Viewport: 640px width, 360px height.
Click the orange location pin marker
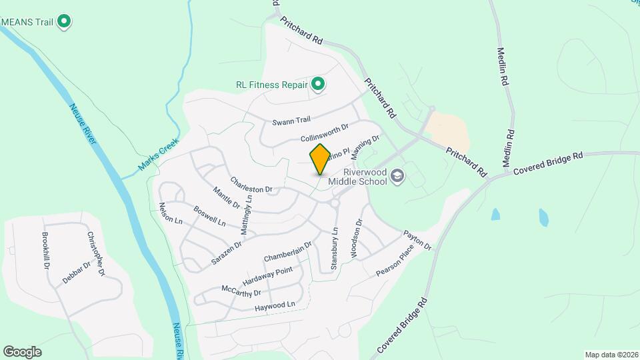coord(320,159)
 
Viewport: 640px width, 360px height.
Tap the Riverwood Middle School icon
coord(397,176)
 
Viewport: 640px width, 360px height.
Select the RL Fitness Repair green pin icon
coord(319,84)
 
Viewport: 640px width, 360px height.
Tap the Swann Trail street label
coord(291,121)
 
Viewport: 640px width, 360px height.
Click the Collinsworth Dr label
coord(325,132)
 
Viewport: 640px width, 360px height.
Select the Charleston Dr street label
coord(251,185)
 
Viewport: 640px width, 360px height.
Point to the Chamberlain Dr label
coord(287,251)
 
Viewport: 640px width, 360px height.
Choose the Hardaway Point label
coord(267,275)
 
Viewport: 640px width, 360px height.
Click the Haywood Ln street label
coord(275,307)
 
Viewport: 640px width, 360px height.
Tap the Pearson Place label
coord(395,260)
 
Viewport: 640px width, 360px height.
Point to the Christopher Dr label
coord(95,254)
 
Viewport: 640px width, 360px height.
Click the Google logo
coord(23,351)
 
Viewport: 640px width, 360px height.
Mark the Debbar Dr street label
coord(76,273)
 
